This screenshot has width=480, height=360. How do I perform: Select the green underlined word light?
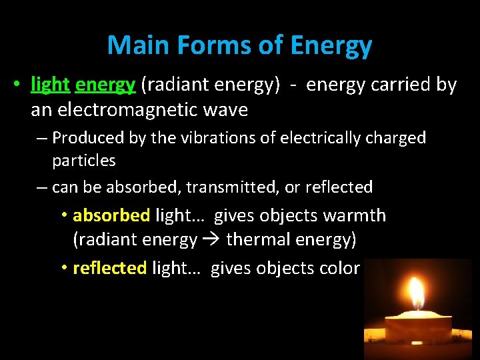point(50,85)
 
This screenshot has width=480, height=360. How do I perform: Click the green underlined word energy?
point(106,85)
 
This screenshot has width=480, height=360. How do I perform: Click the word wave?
point(226,109)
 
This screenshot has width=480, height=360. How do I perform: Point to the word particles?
point(84,161)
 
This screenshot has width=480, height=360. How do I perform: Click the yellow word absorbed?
point(111,216)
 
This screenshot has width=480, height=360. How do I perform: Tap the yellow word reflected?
point(110,268)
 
